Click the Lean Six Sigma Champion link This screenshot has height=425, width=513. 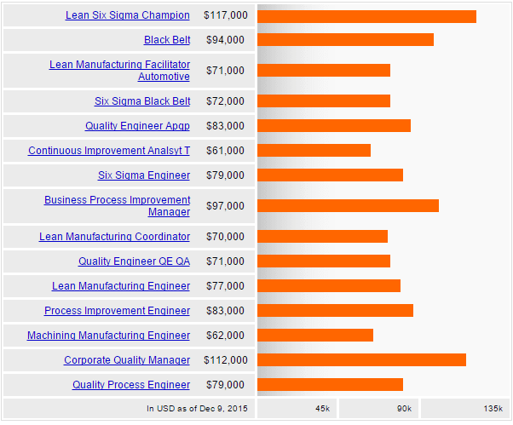tap(128, 16)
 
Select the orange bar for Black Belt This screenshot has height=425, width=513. tap(345, 40)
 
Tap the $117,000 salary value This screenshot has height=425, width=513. tap(226, 16)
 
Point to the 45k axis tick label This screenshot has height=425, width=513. tap(322, 409)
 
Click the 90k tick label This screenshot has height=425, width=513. tap(404, 409)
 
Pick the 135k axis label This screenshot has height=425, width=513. tap(493, 409)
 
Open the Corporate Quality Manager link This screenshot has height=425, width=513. tap(127, 360)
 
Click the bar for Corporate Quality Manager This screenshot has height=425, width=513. tap(361, 360)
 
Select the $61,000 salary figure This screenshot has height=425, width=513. tap(225, 151)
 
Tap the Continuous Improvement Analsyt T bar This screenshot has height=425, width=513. tap(314, 151)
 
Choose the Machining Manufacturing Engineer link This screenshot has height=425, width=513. tap(108, 336)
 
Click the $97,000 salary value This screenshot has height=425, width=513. tap(225, 206)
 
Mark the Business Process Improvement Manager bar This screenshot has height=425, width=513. tap(348, 206)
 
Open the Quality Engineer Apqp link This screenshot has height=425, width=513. tap(137, 126)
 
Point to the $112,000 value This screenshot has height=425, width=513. tap(226, 360)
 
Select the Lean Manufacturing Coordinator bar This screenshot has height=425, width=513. tap(322, 237)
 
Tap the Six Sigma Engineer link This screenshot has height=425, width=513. tap(144, 175)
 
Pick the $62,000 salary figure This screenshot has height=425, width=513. tap(225, 336)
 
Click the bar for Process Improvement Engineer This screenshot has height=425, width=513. tap(335, 311)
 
